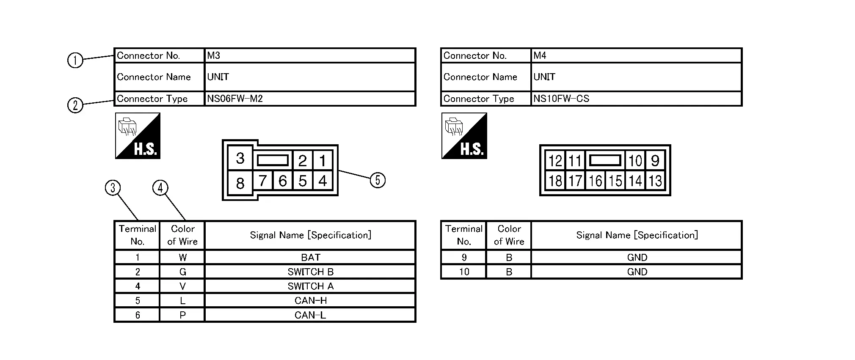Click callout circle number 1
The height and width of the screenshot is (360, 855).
(x=75, y=60)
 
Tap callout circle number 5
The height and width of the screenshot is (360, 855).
(x=378, y=180)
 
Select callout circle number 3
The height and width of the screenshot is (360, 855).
(x=113, y=188)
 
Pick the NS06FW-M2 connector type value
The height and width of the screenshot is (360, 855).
(x=235, y=99)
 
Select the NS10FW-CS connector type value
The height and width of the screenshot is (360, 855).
(x=561, y=99)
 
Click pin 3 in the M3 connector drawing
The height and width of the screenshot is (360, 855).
(x=240, y=159)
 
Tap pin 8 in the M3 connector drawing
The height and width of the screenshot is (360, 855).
(x=240, y=183)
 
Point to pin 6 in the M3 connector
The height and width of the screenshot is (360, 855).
(x=282, y=181)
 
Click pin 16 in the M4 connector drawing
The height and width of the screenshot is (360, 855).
(x=595, y=181)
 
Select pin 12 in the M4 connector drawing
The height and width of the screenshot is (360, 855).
(x=555, y=161)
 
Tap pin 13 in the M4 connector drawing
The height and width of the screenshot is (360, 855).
(x=655, y=181)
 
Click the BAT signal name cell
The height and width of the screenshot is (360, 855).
(x=310, y=257)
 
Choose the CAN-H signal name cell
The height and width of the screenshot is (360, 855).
(x=310, y=300)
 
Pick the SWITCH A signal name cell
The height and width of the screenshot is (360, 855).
(x=310, y=286)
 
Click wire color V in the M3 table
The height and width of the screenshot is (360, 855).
(x=182, y=286)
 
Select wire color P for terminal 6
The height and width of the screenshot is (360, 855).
(x=182, y=315)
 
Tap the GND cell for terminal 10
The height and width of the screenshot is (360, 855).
(x=637, y=272)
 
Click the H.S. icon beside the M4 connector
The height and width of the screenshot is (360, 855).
(x=464, y=136)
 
